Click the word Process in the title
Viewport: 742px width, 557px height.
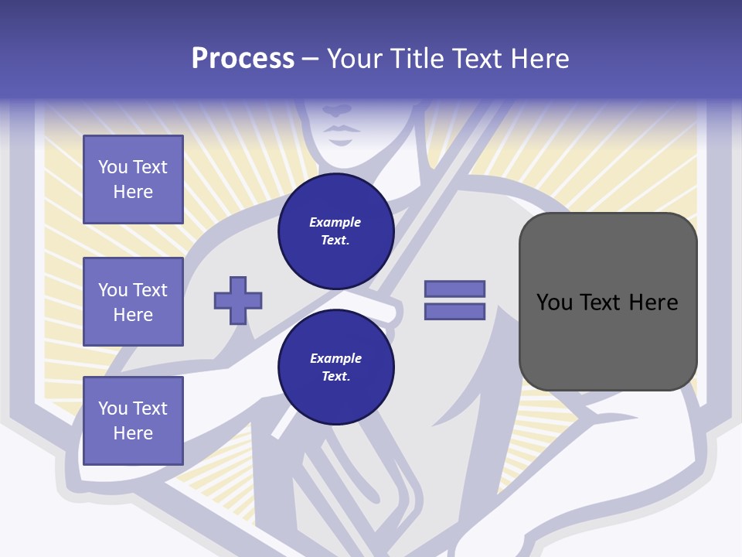pos(243,59)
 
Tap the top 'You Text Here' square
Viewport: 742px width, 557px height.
pos(133,179)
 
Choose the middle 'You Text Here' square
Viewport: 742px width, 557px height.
pos(133,302)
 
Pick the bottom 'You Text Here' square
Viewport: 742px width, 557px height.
pos(133,420)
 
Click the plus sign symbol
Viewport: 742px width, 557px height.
pos(238,300)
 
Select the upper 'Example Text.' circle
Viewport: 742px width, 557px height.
pos(335,231)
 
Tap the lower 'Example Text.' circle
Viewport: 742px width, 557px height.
pos(335,367)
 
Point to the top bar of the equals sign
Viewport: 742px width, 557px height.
pos(454,289)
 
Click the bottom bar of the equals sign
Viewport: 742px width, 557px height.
pos(454,311)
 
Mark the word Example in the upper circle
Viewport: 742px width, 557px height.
pos(335,222)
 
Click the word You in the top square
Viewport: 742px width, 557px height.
pos(113,167)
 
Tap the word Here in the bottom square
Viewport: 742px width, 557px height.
pos(133,433)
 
